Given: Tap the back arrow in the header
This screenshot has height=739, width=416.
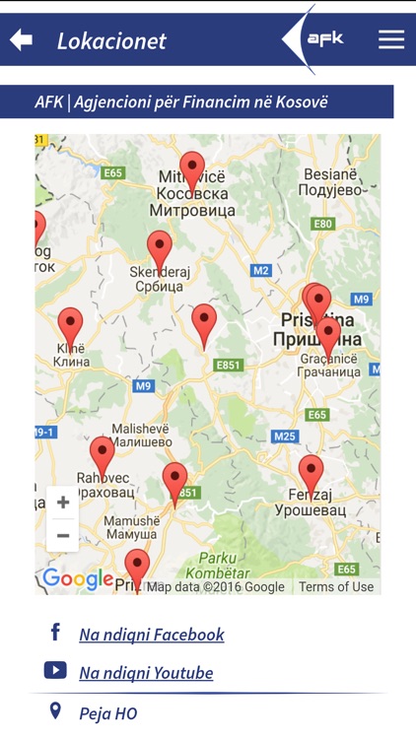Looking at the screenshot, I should (x=21, y=39).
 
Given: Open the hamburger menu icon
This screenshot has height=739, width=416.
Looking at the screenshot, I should (x=391, y=39).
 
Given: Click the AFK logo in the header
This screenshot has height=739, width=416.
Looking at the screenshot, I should (x=323, y=38).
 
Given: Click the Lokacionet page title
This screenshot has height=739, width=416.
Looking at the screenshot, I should (x=111, y=40).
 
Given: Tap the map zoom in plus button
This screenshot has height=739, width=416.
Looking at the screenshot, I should (x=63, y=503).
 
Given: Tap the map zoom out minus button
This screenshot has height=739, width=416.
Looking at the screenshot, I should (x=63, y=535).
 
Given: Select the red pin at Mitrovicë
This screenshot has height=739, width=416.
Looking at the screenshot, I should (x=192, y=169).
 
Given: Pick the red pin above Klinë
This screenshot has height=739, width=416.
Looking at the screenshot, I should (x=70, y=325).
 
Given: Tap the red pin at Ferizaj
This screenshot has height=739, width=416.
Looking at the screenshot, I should (x=311, y=473).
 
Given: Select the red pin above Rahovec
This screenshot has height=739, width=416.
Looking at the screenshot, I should (x=103, y=455).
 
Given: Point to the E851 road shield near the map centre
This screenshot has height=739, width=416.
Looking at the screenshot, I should (x=228, y=365).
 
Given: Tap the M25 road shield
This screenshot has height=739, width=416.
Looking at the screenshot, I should (x=285, y=437).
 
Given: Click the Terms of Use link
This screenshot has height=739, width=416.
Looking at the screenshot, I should (x=336, y=586).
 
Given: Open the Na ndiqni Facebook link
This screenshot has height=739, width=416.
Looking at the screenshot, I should (x=152, y=635).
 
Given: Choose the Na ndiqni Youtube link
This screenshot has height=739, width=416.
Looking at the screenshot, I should (x=146, y=673).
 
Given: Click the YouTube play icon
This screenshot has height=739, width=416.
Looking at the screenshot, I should (x=55, y=671).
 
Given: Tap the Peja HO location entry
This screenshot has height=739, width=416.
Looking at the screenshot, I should (x=108, y=713).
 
